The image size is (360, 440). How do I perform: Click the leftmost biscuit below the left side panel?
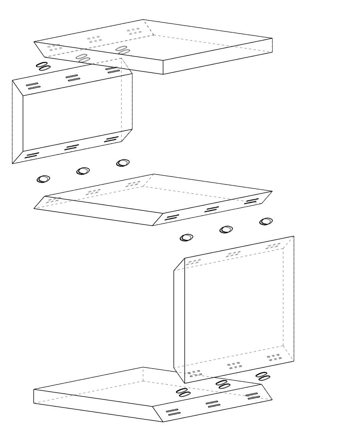pos(43,179)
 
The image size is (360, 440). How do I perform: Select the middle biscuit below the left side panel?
pos(83,171)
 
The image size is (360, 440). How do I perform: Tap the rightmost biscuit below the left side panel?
pos(123,163)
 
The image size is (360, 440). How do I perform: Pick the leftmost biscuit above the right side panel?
pos(186,238)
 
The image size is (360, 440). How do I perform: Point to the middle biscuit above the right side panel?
pos(226,230)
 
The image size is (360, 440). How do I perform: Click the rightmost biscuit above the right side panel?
pos(266,222)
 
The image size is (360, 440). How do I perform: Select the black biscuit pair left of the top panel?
pos(43,66)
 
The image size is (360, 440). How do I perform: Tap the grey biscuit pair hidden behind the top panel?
pos(83,58)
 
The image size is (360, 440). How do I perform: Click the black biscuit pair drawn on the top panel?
pos(123,50)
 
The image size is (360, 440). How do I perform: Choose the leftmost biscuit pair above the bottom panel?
pos(183,392)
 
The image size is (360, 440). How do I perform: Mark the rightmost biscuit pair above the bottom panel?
pos(263,376)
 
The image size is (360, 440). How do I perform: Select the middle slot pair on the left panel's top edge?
pos(72,78)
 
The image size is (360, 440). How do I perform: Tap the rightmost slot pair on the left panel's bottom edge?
pos(111,139)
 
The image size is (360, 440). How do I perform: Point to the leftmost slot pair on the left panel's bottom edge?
pos(32,155)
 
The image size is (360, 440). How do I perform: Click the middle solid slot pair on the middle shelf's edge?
pos(212,209)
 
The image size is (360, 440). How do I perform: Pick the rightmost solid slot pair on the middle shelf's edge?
pos(251,201)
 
